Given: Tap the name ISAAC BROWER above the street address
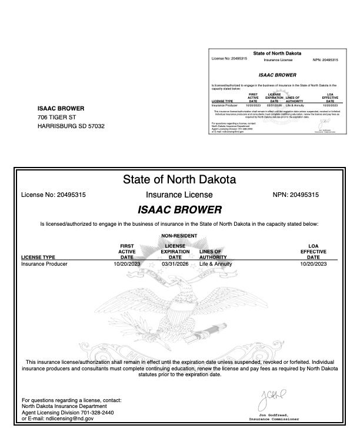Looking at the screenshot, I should [61, 108].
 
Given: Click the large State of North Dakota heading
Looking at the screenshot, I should [179, 179].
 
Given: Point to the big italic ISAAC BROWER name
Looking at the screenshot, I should [179, 209].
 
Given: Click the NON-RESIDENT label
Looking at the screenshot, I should [179, 236].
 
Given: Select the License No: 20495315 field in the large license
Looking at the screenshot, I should [54, 195].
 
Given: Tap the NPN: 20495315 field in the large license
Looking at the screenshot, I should [296, 195].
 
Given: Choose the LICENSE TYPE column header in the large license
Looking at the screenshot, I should [38, 257].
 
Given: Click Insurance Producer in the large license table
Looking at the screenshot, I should [44, 264].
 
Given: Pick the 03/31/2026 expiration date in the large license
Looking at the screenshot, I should [175, 264].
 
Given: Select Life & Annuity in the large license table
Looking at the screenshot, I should [215, 264].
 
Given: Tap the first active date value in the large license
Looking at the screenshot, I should [127, 264].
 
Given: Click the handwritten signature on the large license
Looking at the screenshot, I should [271, 402].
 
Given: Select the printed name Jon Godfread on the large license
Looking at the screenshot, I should [275, 416].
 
